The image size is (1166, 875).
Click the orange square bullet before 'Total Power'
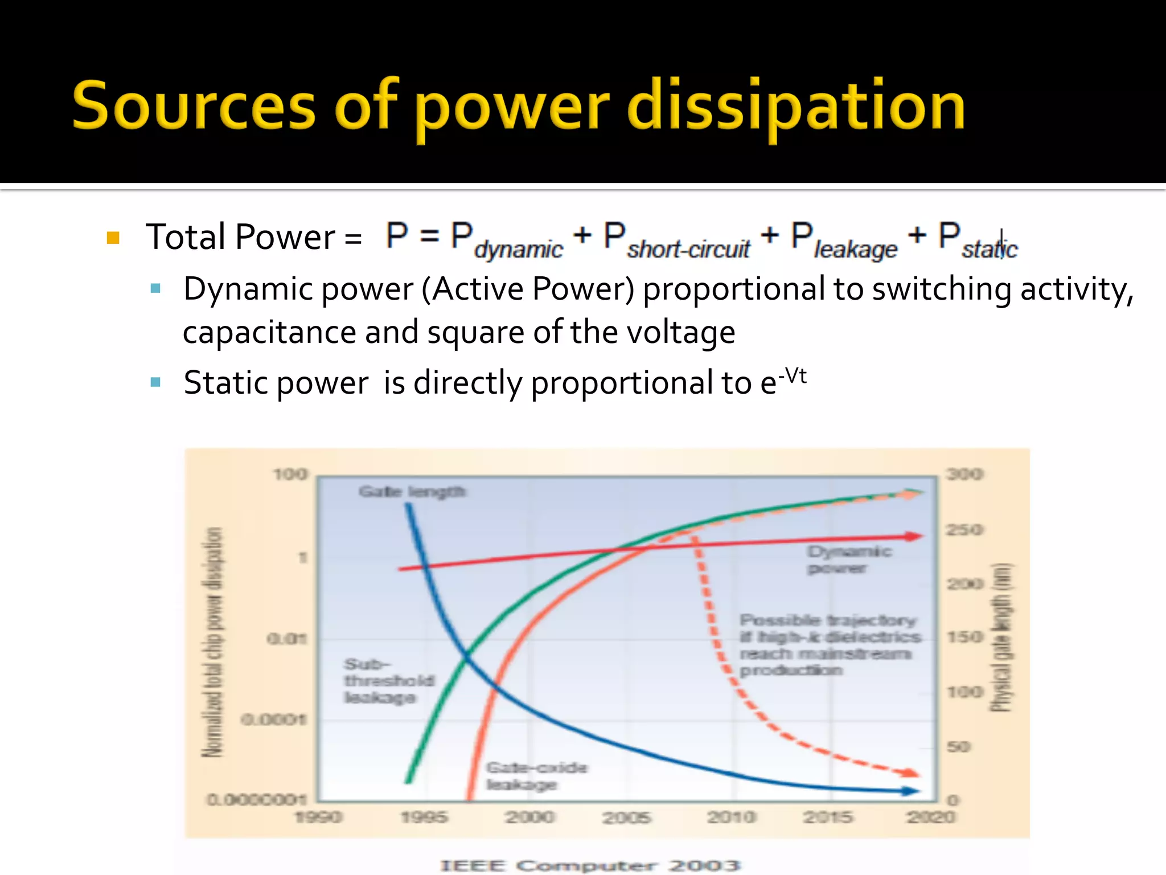(113, 238)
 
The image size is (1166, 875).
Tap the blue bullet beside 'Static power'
(155, 382)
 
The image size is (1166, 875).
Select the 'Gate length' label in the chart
(412, 492)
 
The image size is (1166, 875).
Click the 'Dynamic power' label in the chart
(849, 559)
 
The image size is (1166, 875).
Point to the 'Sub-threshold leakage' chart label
(388, 681)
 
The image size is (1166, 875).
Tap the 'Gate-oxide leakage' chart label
(536, 776)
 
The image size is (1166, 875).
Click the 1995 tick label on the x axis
(424, 817)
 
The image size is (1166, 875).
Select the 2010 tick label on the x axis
(731, 817)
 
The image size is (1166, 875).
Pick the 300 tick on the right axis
(964, 474)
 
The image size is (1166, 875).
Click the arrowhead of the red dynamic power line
(914, 536)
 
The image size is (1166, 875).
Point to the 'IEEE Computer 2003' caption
(590, 866)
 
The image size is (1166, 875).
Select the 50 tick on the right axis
(959, 746)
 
